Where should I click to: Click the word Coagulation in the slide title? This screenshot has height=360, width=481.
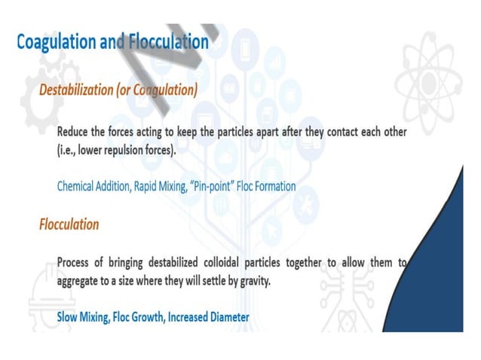tap(56, 42)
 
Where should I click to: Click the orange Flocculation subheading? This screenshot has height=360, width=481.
tap(69, 224)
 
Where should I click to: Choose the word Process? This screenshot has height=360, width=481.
tap(78, 264)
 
